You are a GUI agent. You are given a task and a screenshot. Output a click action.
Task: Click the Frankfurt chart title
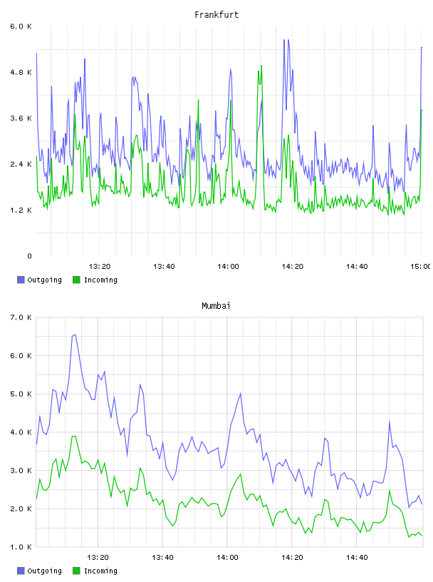click(x=216, y=15)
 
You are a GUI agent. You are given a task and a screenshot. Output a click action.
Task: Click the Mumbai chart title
click(x=216, y=306)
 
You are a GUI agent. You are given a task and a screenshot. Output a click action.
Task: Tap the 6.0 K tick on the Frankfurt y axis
click(x=21, y=26)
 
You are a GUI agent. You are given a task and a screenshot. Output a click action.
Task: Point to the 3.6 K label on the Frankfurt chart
click(x=21, y=118)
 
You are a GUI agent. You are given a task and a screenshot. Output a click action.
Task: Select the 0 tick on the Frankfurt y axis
click(x=29, y=256)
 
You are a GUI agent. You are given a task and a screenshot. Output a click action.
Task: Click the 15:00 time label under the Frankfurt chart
click(x=421, y=267)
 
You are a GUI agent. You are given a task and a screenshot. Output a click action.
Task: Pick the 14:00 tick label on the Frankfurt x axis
click(x=228, y=267)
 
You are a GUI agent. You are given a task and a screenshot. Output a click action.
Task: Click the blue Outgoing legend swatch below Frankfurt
click(x=21, y=280)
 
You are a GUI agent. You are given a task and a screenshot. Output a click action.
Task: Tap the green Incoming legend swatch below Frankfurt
click(x=76, y=280)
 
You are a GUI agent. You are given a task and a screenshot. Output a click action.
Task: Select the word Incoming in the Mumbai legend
click(x=100, y=571)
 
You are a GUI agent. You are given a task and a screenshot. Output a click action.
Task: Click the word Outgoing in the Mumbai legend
click(x=44, y=571)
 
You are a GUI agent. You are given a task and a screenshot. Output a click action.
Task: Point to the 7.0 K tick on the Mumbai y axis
click(x=21, y=317)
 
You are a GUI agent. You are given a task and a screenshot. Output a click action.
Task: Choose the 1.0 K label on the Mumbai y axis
click(x=21, y=547)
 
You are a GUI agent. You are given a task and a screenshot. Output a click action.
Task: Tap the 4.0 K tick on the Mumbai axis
click(x=21, y=432)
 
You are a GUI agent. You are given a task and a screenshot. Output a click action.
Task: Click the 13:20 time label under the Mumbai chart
click(x=98, y=558)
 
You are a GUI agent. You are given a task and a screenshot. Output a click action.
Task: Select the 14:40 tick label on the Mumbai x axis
click(x=357, y=558)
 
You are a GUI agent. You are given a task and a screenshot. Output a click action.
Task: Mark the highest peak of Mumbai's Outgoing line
click(x=75, y=335)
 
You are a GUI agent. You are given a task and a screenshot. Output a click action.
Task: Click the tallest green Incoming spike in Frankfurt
click(x=261, y=66)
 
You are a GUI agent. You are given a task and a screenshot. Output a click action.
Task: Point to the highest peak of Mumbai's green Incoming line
click(x=74, y=436)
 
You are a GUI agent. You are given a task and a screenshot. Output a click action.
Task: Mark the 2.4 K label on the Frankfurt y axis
click(x=21, y=165)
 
